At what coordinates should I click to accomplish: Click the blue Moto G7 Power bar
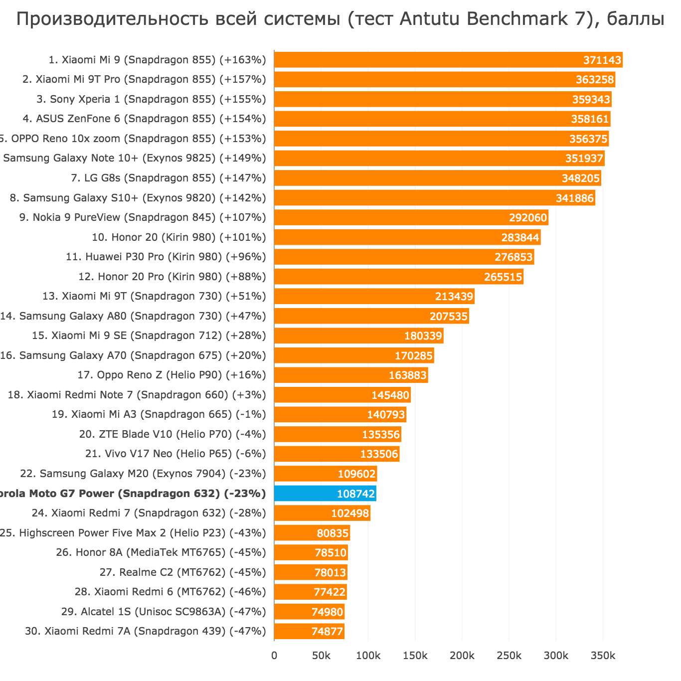pyautogui.click(x=325, y=494)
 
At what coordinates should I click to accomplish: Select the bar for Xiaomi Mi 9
pyautogui.click(x=448, y=60)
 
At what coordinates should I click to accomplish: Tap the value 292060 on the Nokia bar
pyautogui.click(x=528, y=218)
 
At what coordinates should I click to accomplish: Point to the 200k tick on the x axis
pyautogui.click(x=462, y=655)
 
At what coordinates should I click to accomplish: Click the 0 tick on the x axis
pyautogui.click(x=274, y=655)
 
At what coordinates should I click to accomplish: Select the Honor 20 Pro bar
pyautogui.click(x=398, y=277)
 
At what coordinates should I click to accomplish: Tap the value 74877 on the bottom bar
pyautogui.click(x=327, y=632)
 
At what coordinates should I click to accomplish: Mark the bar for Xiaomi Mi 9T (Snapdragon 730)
pyautogui.click(x=374, y=297)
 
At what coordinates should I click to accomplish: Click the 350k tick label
pyautogui.click(x=603, y=655)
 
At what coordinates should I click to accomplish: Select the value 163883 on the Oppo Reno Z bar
pyautogui.click(x=408, y=375)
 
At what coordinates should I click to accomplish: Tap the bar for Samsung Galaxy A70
pyautogui.click(x=354, y=355)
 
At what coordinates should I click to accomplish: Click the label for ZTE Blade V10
pyautogui.click(x=172, y=434)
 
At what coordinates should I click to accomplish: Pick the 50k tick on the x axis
pyautogui.click(x=321, y=655)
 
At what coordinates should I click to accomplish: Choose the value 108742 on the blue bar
pyautogui.click(x=356, y=494)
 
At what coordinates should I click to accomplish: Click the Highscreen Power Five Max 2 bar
pyautogui.click(x=312, y=533)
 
